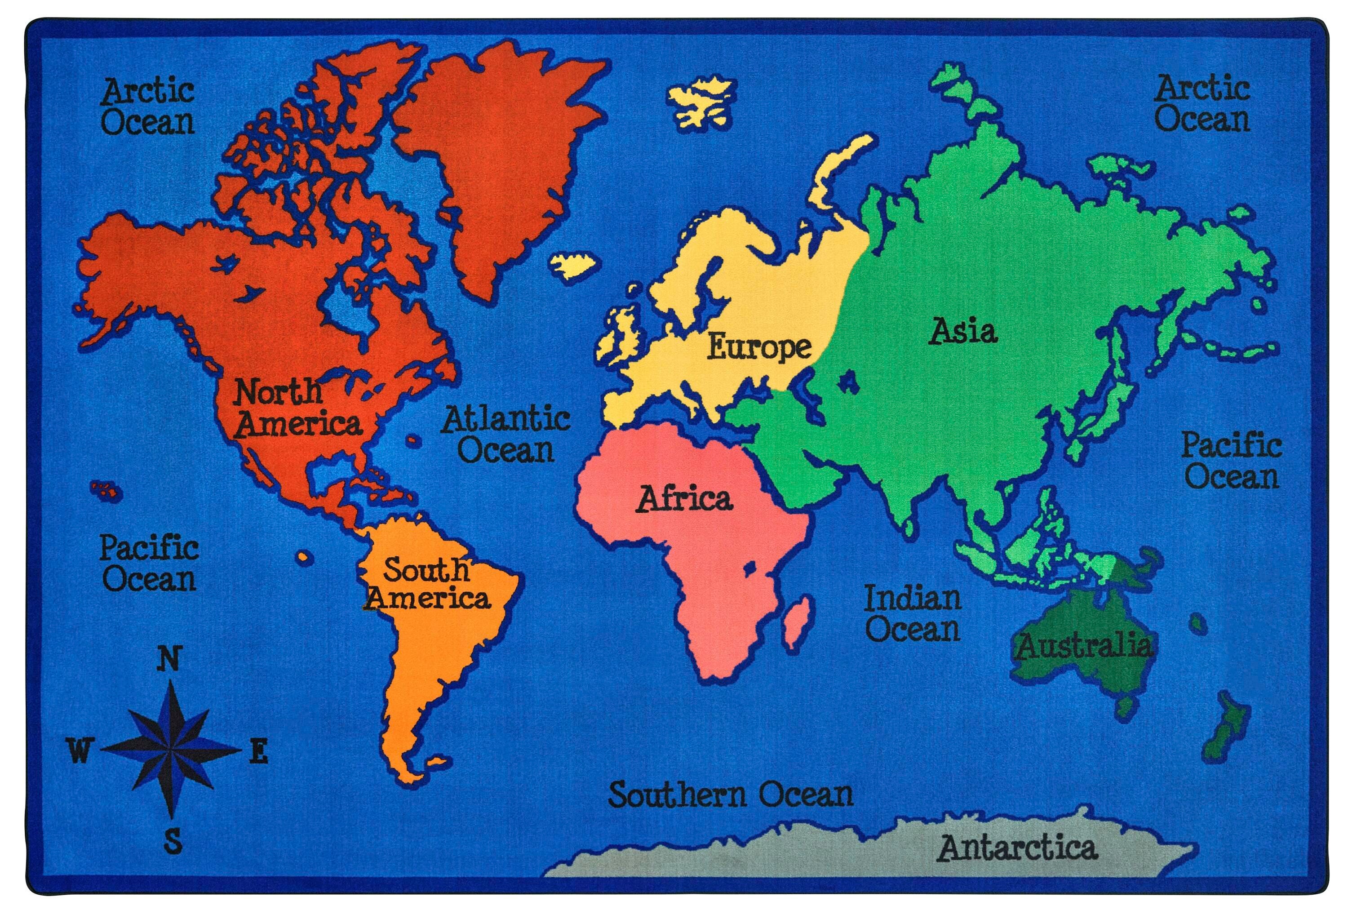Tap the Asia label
tap(963, 331)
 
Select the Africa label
tap(684, 499)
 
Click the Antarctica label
tap(1017, 848)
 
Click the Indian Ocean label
tap(913, 613)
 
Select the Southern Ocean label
tap(731, 794)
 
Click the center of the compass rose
tap(169, 749)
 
